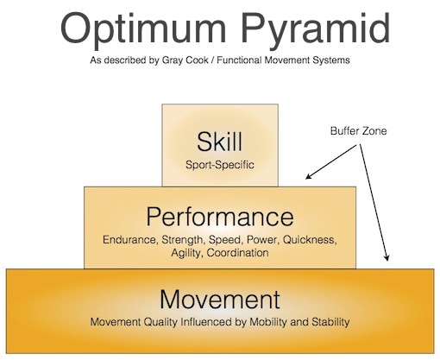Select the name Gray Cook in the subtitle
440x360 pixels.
point(185,60)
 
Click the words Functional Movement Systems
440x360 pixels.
point(283,60)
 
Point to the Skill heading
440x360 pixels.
point(219,142)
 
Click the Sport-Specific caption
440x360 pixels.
point(220,165)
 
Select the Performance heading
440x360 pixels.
point(220,217)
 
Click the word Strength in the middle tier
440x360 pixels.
point(183,240)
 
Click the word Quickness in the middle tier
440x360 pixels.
point(310,240)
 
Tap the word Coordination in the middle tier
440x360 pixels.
point(238,253)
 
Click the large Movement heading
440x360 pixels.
point(220,300)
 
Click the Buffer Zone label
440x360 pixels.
point(358,131)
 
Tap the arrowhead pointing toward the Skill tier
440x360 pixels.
point(308,176)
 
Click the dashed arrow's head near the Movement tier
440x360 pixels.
point(387,257)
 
